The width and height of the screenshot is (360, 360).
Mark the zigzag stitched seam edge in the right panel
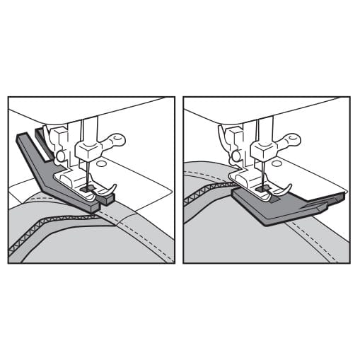click(205, 190)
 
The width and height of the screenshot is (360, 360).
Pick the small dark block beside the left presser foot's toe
click(107, 199)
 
